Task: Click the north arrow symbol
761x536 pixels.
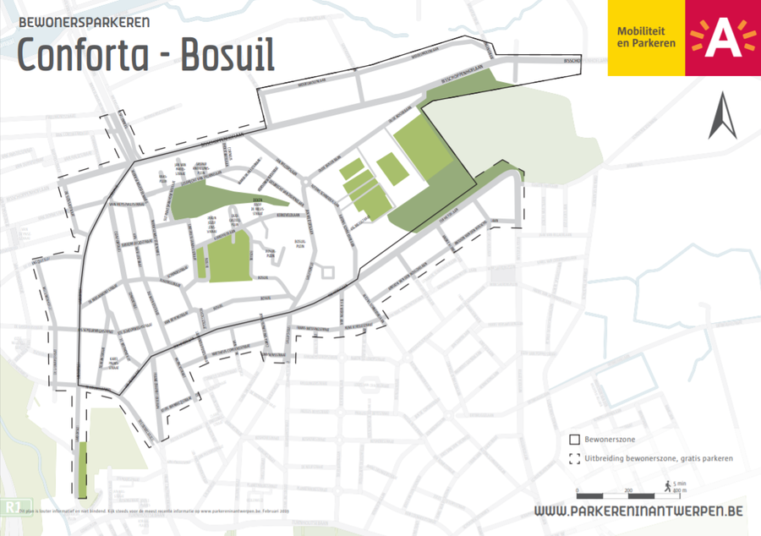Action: pyautogui.click(x=723, y=118)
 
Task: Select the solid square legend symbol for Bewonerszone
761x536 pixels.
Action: pyautogui.click(x=575, y=440)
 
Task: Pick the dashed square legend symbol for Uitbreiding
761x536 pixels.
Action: pyautogui.click(x=575, y=459)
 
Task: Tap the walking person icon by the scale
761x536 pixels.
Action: pyautogui.click(x=668, y=486)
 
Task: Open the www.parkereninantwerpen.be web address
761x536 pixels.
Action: pyautogui.click(x=639, y=511)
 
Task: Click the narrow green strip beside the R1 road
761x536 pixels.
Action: pyautogui.click(x=82, y=469)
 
